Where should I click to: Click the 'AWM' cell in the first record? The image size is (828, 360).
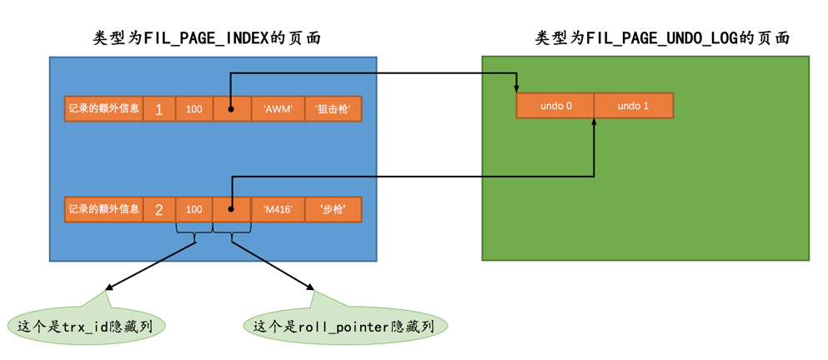click(x=278, y=109)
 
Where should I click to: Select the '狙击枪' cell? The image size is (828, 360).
click(x=333, y=109)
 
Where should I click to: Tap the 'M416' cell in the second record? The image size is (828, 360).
click(x=278, y=209)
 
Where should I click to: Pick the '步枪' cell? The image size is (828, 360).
click(x=333, y=209)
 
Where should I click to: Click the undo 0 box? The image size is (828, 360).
click(x=555, y=106)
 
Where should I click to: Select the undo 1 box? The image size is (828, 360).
click(x=633, y=106)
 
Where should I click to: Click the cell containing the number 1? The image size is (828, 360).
click(x=159, y=109)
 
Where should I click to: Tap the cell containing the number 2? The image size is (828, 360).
click(x=159, y=209)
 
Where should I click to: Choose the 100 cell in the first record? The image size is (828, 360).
click(x=194, y=109)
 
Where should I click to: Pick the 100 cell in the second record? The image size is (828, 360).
click(x=194, y=209)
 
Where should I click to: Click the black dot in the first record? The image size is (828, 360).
click(x=231, y=109)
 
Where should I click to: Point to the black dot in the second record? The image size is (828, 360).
click(x=231, y=209)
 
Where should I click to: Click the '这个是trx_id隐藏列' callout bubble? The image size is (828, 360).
click(x=85, y=326)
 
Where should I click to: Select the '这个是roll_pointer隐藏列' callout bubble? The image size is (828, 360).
click(x=344, y=326)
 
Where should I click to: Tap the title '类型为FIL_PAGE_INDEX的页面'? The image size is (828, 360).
click(x=207, y=38)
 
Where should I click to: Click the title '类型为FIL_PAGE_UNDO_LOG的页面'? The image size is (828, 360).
click(x=662, y=38)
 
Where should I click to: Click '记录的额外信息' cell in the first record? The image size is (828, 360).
click(x=103, y=109)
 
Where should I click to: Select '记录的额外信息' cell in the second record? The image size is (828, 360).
click(x=103, y=209)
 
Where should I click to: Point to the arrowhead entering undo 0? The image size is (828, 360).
click(x=517, y=89)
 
